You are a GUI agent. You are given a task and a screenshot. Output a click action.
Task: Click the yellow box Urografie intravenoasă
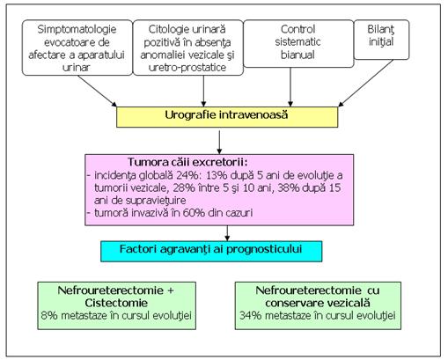point(227,117)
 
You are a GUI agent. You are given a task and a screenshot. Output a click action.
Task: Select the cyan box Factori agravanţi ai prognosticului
point(211,251)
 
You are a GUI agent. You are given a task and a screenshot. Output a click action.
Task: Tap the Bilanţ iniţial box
point(381,40)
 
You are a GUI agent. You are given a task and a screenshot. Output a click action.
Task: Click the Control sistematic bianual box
point(298,44)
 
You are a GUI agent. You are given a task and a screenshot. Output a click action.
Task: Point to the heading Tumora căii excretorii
point(187,162)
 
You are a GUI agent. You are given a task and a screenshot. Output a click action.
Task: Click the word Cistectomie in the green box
point(116,303)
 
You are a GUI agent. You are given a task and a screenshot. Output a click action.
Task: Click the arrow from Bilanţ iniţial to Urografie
point(366,83)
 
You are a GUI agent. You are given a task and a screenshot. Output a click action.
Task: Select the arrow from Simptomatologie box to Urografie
point(97,91)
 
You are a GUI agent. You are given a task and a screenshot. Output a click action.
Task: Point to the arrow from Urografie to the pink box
point(219,143)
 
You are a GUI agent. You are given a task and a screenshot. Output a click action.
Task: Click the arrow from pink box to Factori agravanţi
point(227,233)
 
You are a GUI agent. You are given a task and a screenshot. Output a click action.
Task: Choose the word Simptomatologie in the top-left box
point(77,29)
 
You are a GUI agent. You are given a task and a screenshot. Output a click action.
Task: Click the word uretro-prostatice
point(187,68)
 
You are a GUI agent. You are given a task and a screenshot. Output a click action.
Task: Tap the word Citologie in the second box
point(166,29)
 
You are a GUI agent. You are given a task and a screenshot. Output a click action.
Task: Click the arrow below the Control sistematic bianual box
point(290,87)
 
